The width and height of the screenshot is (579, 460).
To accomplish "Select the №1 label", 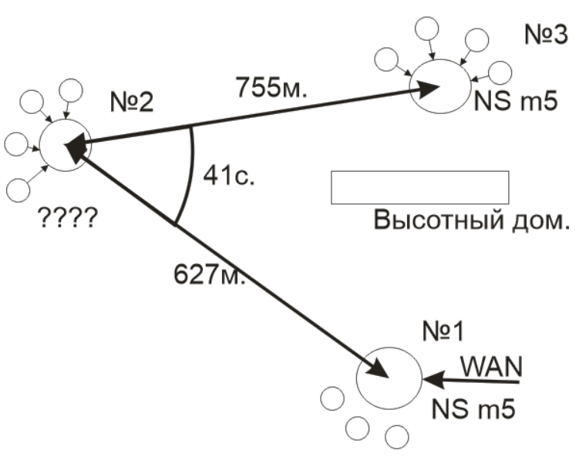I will tap(445, 331).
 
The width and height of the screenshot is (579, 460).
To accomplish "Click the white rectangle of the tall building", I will tap(419, 187).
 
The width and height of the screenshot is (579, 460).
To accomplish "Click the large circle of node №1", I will tap(389, 378).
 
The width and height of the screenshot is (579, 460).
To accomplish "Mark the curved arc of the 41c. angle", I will tap(190, 173).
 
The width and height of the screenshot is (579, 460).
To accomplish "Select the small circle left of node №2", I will tap(15, 143).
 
